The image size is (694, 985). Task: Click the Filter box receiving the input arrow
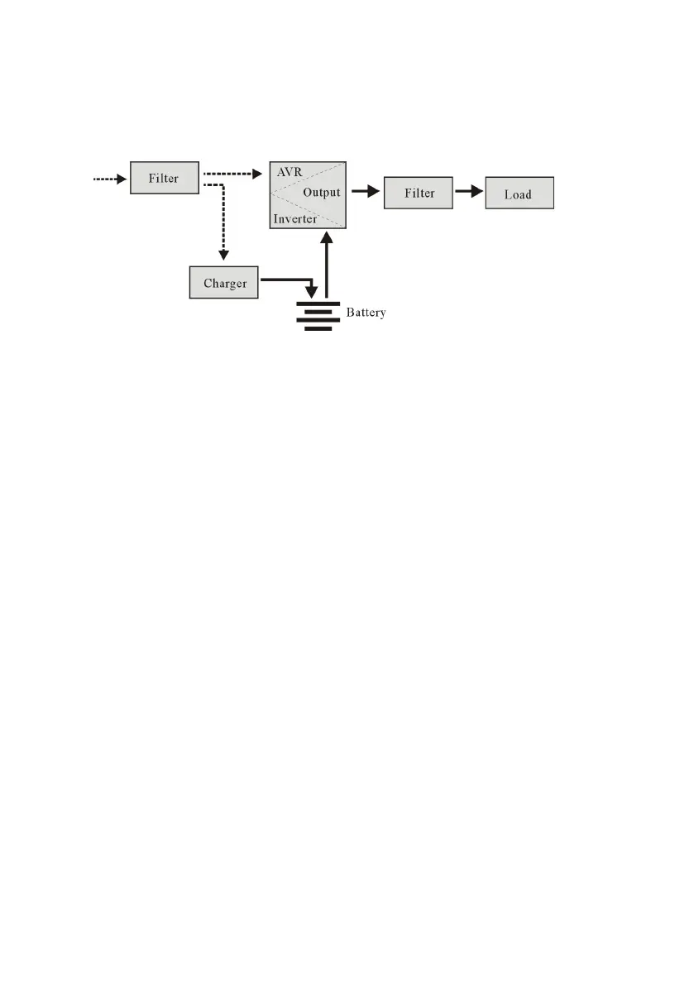pos(165,178)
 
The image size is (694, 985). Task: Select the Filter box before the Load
pos(419,194)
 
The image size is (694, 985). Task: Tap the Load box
pos(518,194)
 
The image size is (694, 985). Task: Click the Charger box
pos(224,283)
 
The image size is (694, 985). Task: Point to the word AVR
pos(290,174)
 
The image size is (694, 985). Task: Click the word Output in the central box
pos(321,193)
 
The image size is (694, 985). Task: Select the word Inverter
pos(295,219)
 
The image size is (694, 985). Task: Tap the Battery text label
pos(366,313)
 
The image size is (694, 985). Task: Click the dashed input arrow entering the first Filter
pos(110,178)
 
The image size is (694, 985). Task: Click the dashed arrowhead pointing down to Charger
pos(223,253)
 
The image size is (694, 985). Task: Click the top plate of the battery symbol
pos(318,303)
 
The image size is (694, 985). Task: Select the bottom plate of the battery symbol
pos(318,328)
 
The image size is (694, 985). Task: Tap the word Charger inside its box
pos(225,284)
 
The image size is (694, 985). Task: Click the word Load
pos(518,195)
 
